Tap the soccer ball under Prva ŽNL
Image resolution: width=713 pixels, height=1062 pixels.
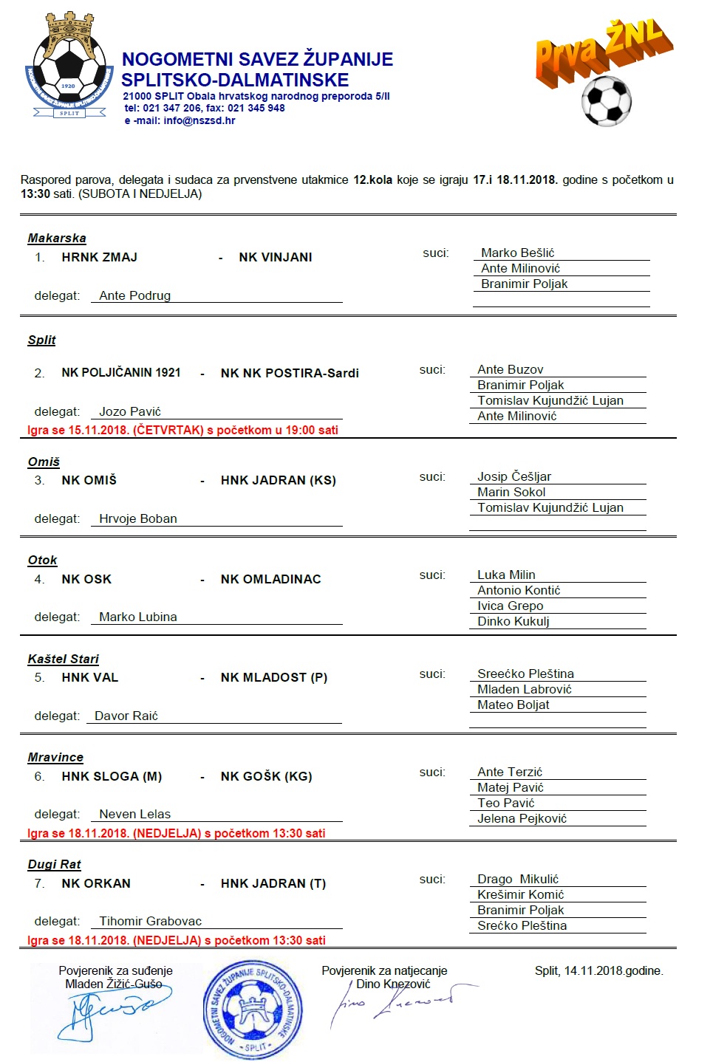(x=607, y=100)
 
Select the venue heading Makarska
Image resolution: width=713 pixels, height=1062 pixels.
(x=57, y=238)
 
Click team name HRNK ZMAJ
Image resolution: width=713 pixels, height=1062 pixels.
(x=99, y=257)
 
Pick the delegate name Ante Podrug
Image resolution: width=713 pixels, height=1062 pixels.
(x=134, y=295)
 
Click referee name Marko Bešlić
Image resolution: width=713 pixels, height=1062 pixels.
(x=517, y=253)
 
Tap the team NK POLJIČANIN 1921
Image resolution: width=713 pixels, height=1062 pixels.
(x=121, y=372)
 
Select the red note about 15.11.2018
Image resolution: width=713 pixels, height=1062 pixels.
(x=182, y=430)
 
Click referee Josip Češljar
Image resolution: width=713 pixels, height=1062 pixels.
(x=514, y=476)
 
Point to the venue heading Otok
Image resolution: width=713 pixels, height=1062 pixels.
(x=42, y=560)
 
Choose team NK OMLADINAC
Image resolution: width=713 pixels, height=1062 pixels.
(x=270, y=579)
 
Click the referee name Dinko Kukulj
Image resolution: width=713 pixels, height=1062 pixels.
(x=513, y=621)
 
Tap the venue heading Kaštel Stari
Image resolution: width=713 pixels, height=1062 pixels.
(x=63, y=659)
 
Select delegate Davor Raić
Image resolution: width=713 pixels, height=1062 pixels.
(x=126, y=716)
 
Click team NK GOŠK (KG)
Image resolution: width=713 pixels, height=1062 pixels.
(x=266, y=776)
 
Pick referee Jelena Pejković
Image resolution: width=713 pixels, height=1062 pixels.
(x=522, y=818)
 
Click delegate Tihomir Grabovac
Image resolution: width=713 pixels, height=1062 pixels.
(x=150, y=921)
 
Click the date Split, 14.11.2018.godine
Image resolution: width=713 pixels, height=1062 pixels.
(x=598, y=970)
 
